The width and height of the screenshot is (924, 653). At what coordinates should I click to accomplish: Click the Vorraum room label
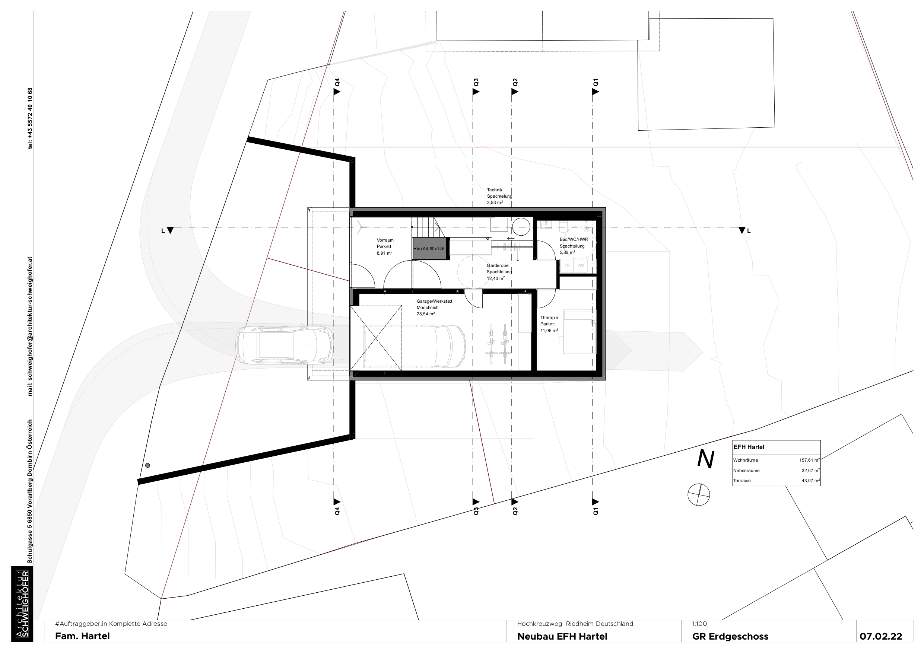385,240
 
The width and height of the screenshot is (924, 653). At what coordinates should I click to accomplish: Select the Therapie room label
549,318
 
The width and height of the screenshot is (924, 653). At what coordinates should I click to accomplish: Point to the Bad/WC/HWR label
574,239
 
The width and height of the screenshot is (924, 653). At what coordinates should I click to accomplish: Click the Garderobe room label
498,265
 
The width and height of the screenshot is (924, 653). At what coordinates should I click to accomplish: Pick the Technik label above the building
495,190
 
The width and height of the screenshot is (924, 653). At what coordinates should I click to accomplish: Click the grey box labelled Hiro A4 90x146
429,249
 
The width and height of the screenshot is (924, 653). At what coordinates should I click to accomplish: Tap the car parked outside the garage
284,345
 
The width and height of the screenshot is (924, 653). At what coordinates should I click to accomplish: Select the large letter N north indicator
705,459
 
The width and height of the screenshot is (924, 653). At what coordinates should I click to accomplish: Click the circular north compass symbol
699,495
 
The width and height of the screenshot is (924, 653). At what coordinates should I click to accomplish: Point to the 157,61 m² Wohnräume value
809,460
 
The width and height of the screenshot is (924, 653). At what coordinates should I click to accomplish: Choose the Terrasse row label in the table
742,481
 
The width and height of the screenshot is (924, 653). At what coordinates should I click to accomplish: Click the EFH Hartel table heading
749,447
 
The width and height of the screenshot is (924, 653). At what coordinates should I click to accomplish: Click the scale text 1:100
699,624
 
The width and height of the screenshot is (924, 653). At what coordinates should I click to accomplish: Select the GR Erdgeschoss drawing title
730,637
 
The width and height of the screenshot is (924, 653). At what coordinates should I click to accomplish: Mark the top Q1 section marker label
596,83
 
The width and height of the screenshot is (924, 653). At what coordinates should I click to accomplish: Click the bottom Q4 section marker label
337,511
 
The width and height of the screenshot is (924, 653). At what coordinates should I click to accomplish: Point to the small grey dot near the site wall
148,465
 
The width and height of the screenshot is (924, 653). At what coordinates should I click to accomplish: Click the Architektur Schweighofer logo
22,604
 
